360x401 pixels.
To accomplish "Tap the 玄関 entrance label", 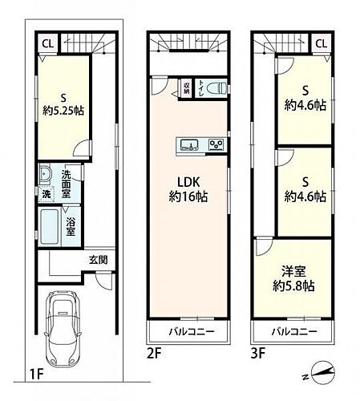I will [99, 260].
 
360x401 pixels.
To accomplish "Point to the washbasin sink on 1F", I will [44, 176].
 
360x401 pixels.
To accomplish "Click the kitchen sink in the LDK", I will [189, 145].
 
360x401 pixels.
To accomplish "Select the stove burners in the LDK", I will [216, 145].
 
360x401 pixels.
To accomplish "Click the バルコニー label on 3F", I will [293, 331].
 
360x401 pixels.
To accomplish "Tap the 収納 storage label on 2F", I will [186, 87].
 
